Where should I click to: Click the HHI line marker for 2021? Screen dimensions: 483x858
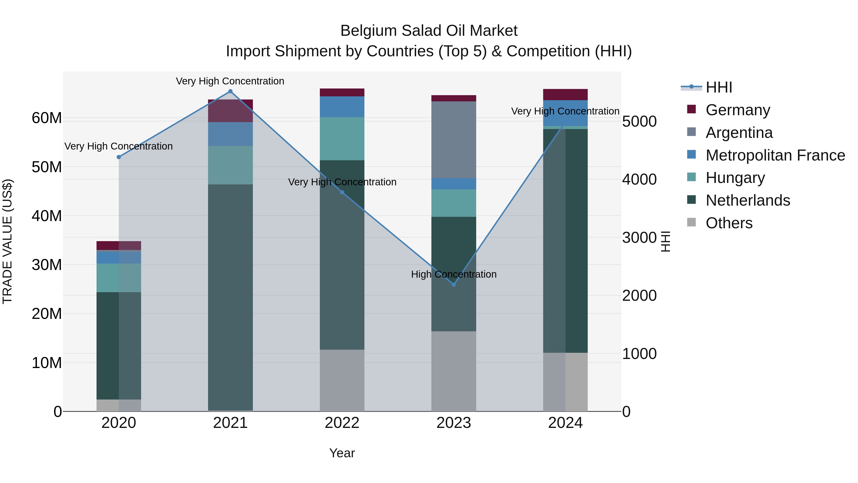[x=230, y=91]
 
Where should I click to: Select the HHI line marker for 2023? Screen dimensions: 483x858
[x=453, y=285]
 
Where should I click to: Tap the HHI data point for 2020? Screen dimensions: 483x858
[x=119, y=157]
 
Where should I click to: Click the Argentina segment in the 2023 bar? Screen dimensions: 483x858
[x=453, y=140]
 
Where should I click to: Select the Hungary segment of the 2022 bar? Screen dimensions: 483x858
[x=342, y=139]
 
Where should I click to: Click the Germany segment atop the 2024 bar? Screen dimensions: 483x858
[x=565, y=95]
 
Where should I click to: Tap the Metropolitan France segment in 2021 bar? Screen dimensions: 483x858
[x=230, y=134]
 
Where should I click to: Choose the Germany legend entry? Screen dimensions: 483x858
[x=737, y=110]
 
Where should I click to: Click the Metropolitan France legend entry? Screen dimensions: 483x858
[x=775, y=155]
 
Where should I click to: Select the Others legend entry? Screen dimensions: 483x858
[x=729, y=223]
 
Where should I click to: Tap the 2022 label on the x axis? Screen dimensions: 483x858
[x=342, y=423]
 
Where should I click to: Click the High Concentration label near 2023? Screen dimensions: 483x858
[x=453, y=274]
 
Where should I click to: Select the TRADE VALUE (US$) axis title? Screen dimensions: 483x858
[x=7, y=241]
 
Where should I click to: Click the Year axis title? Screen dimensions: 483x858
[x=342, y=453]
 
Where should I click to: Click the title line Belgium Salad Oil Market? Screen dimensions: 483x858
[x=429, y=31]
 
